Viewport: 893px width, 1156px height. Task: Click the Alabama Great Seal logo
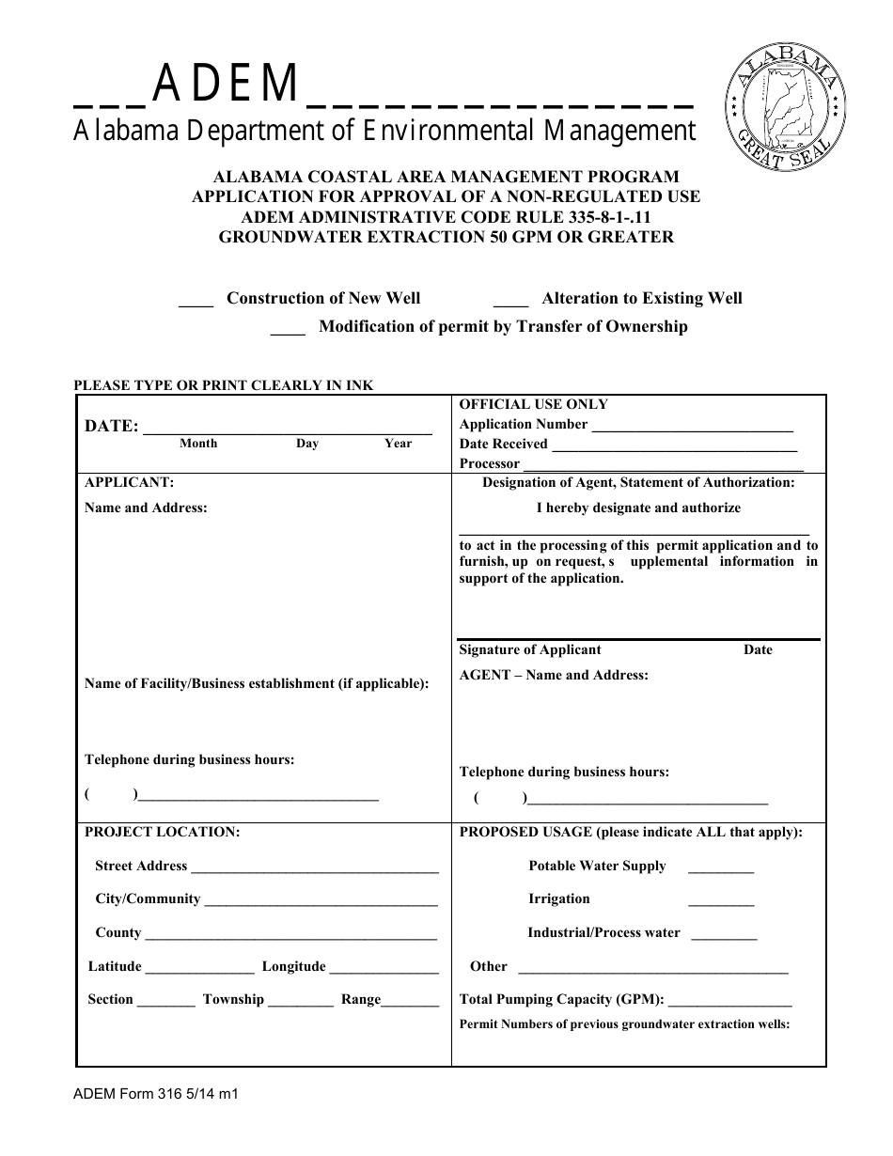tap(784, 105)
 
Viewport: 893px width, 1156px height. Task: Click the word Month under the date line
tap(198, 444)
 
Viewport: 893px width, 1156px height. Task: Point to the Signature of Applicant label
tap(530, 650)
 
